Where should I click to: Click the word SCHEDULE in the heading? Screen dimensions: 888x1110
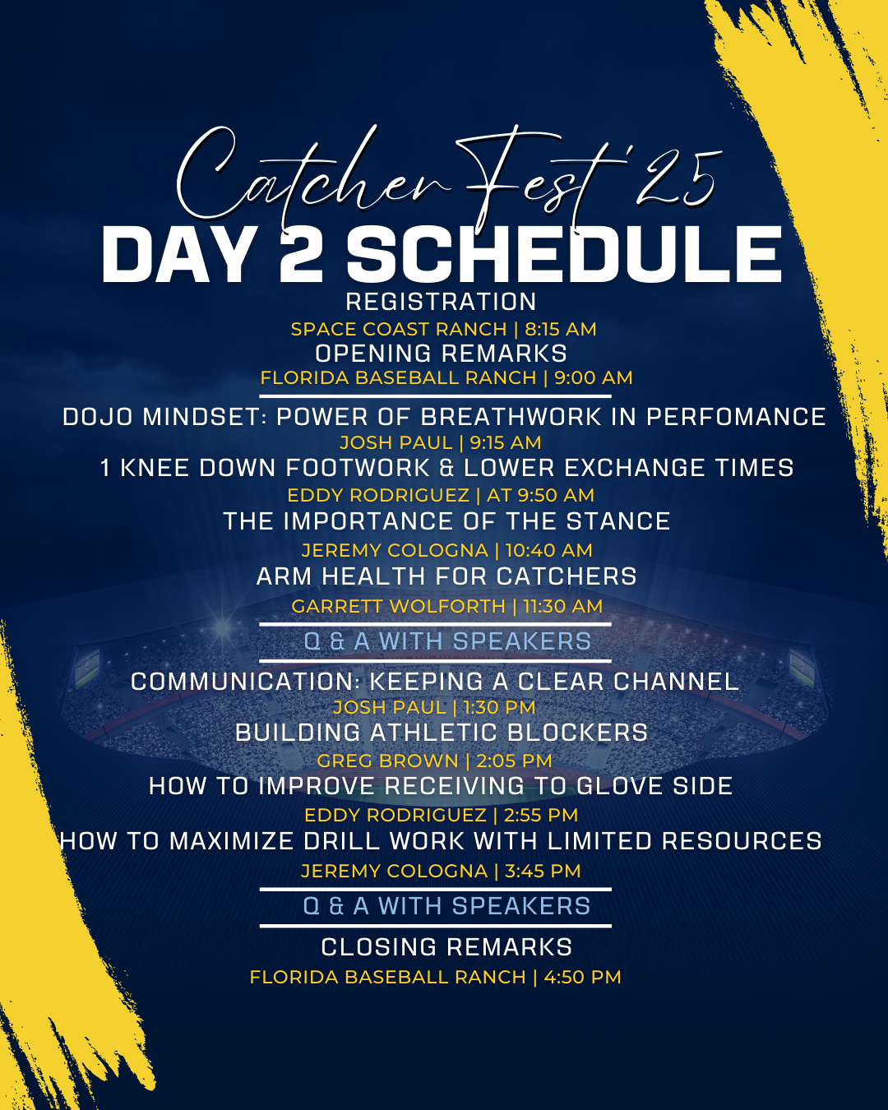pyautogui.click(x=564, y=255)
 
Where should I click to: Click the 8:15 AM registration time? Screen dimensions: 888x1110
pyautogui.click(x=561, y=329)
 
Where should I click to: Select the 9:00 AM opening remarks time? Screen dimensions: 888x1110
pyautogui.click(x=594, y=377)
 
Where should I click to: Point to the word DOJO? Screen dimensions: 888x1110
pyautogui.click(x=98, y=417)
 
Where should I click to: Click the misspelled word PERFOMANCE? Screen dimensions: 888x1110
pyautogui.click(x=736, y=417)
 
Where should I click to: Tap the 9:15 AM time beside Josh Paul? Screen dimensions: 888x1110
pyautogui.click(x=505, y=442)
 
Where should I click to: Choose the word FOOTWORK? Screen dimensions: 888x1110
pyautogui.click(x=357, y=468)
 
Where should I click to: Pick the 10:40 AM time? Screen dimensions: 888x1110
pyautogui.click(x=548, y=550)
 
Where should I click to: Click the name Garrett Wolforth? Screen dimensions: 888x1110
pyautogui.click(x=398, y=606)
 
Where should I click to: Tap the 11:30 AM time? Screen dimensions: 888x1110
pyautogui.click(x=563, y=606)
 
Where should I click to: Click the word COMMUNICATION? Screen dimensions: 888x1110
pyautogui.click(x=245, y=682)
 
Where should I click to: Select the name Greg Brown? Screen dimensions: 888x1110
pyautogui.click(x=387, y=761)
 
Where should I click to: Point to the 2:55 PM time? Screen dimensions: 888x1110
pyautogui.click(x=541, y=815)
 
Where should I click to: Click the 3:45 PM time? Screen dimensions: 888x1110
pyautogui.click(x=543, y=871)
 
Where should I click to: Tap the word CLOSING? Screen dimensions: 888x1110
pyautogui.click(x=379, y=947)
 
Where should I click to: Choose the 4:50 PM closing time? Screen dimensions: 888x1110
pyautogui.click(x=582, y=977)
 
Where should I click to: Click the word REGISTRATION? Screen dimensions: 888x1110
pyautogui.click(x=442, y=302)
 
